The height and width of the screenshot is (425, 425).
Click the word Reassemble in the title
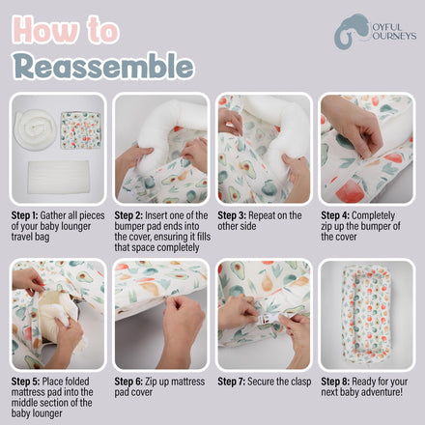pyautogui.click(x=104, y=66)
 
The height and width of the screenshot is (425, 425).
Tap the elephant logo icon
pyautogui.click(x=351, y=32)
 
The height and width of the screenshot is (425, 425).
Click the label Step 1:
pyautogui.click(x=24, y=215)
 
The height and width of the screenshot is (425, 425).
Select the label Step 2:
pyautogui.click(x=127, y=215)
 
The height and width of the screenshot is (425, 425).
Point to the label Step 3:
pyautogui.click(x=231, y=215)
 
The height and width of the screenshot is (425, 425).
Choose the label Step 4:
pyautogui.click(x=334, y=215)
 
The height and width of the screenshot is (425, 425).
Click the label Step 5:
pyautogui.click(x=25, y=382)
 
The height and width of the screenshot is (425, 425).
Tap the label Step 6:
pyautogui.click(x=128, y=382)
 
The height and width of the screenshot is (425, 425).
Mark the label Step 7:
pyautogui.click(x=231, y=382)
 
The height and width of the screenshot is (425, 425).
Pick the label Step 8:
pyautogui.click(x=335, y=382)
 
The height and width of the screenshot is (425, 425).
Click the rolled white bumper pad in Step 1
pyautogui.click(x=35, y=129)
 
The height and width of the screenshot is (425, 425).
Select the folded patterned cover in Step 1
pyautogui.click(x=80, y=130)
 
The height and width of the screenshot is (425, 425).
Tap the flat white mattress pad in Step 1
pyautogui.click(x=58, y=177)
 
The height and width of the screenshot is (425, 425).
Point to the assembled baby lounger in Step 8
pyautogui.click(x=366, y=314)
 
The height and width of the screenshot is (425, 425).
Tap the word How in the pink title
pyautogui.click(x=45, y=30)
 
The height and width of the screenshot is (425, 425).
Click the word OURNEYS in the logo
pyautogui.click(x=394, y=36)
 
